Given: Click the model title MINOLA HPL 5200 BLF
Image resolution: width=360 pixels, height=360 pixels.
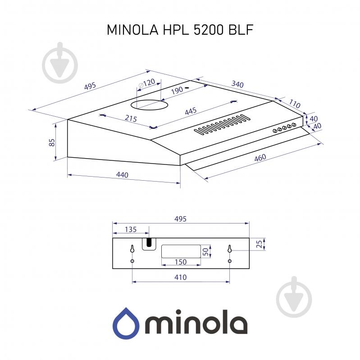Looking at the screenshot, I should pyautogui.click(x=180, y=30).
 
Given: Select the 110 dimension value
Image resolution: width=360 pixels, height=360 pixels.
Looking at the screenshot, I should pyautogui.click(x=294, y=103).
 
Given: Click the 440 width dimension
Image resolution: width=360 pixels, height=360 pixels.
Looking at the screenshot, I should pyautogui.click(x=122, y=175).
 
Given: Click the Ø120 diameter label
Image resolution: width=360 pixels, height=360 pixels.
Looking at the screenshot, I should pyautogui.click(x=147, y=83).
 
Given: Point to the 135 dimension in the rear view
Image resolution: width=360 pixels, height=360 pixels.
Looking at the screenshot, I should pyautogui.click(x=131, y=230).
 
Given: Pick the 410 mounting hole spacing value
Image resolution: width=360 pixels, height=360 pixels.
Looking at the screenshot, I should pyautogui.click(x=180, y=277).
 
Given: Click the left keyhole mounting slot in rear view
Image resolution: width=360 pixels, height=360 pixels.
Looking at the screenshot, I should pyautogui.click(x=132, y=249).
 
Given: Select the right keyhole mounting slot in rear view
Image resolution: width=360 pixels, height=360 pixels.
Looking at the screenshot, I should pyautogui.click(x=230, y=249).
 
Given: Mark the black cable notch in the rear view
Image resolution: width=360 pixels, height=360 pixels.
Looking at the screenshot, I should pyautogui.click(x=148, y=243).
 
